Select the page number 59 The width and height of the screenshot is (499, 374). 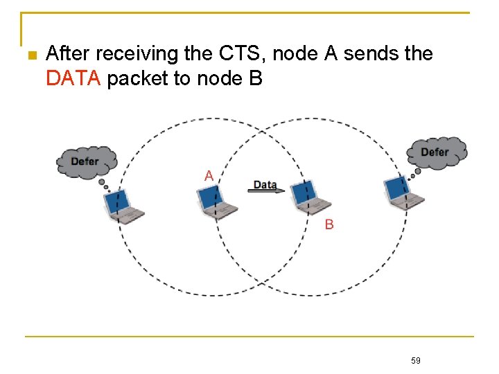(415, 360)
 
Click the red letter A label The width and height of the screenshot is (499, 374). (209, 176)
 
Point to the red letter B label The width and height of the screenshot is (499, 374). (329, 224)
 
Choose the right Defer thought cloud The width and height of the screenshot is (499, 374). (436, 152)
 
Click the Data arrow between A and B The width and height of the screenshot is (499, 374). (267, 190)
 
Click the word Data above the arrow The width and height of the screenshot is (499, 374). (265, 184)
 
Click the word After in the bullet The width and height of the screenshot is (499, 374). (69, 53)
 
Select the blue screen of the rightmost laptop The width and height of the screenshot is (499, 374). (397, 187)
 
